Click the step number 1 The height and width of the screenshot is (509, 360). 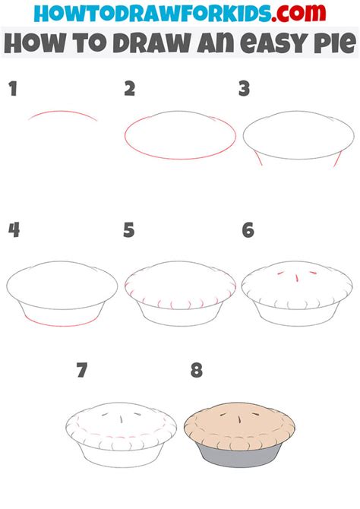click(12, 90)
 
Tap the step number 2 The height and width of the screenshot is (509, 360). click(129, 90)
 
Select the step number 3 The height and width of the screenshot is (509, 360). click(244, 90)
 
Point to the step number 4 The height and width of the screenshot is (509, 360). click(13, 229)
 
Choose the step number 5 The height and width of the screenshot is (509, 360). click(129, 229)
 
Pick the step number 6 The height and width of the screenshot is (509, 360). click(247, 229)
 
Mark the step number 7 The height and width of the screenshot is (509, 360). click(83, 371)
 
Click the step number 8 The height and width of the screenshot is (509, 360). click(197, 371)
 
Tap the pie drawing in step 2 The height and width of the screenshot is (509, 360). click(180, 138)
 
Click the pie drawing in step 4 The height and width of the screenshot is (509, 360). click(62, 292)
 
